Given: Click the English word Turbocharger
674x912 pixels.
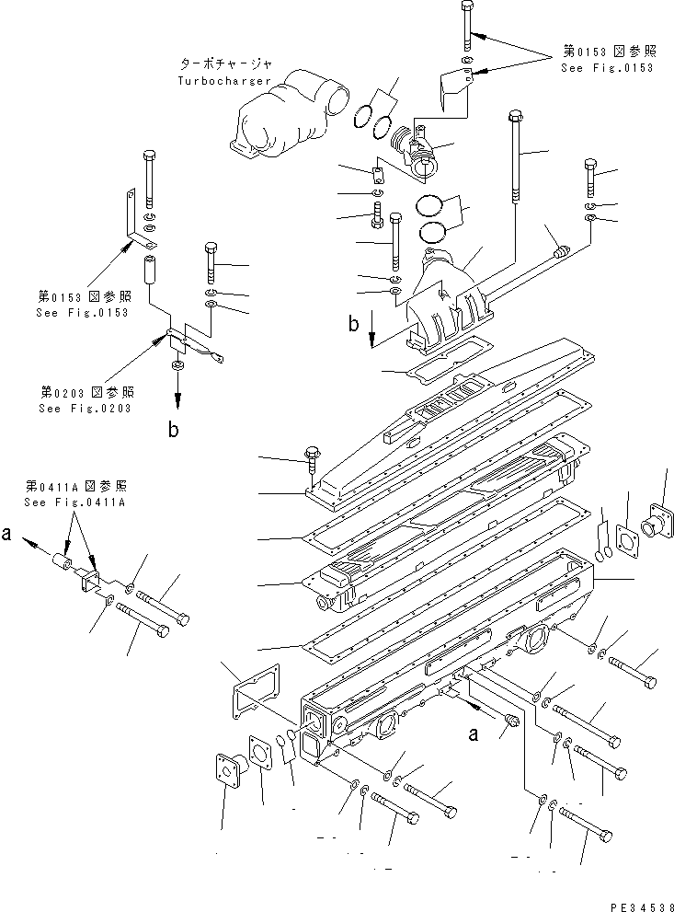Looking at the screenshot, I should (x=224, y=81).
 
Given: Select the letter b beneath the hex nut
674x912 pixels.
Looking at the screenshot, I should (x=173, y=429).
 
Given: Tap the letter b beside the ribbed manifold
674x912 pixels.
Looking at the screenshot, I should (x=353, y=324).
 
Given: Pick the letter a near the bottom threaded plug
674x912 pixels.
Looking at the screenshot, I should (x=474, y=734).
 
